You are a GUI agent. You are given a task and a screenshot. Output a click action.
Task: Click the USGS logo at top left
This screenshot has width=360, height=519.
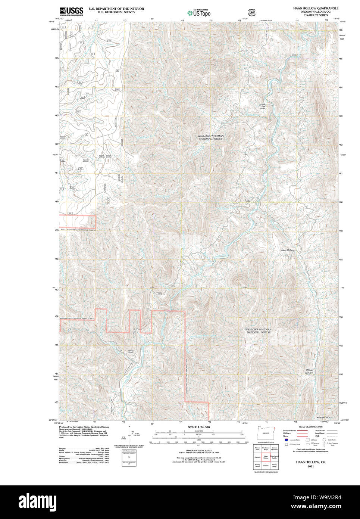71,11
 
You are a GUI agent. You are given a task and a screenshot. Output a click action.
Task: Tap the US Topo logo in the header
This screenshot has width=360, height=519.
199,12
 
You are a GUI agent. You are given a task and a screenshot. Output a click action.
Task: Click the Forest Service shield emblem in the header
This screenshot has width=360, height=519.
252,12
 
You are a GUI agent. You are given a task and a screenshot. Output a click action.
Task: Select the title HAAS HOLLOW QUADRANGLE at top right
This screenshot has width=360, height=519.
316,8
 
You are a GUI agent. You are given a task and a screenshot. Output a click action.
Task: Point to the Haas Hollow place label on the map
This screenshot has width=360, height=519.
288,250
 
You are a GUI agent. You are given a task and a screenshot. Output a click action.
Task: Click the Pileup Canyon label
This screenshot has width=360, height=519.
309,372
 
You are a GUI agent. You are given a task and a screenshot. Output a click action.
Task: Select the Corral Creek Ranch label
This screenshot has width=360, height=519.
263,106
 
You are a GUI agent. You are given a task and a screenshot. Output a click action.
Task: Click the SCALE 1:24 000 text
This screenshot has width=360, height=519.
198,427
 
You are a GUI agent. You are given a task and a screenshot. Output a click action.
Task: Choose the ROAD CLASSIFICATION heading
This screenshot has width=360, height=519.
310,427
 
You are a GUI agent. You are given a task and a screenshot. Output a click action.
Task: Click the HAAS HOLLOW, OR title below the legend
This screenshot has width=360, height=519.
311,462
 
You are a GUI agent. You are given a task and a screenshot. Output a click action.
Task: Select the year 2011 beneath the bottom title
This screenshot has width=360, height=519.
311,466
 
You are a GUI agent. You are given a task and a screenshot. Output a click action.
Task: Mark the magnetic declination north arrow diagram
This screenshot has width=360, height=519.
129,433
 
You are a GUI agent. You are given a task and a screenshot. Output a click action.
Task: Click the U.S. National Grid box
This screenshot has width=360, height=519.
129,457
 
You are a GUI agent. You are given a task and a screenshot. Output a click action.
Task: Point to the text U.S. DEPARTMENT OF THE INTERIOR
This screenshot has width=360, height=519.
116,9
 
